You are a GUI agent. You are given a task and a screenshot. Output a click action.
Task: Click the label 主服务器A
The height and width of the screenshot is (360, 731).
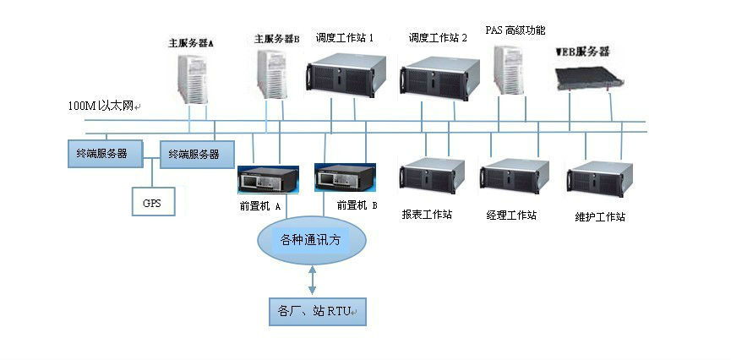[190, 41]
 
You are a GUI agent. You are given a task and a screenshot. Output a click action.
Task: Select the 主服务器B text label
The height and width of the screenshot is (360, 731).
[277, 39]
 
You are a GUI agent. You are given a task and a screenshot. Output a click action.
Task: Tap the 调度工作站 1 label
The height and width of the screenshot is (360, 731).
[345, 38]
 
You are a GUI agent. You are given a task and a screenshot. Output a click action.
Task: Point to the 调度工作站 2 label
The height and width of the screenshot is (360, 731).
[438, 38]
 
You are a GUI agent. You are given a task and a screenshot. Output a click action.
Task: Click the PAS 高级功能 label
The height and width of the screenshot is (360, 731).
[515, 30]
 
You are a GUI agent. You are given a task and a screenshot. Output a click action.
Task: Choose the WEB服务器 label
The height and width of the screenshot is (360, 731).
[582, 52]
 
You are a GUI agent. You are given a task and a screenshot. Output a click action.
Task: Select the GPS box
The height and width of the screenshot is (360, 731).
[151, 203]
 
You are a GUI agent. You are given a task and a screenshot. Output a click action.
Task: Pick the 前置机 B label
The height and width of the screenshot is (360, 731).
[357, 205]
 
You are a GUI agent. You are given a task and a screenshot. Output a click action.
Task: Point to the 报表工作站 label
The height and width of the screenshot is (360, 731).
[427, 215]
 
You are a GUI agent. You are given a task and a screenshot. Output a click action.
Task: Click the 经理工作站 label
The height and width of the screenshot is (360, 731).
[511, 215]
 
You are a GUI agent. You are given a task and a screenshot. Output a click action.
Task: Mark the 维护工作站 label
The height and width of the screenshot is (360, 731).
[599, 217]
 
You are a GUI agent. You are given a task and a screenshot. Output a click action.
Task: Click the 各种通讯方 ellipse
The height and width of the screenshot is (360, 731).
[313, 240]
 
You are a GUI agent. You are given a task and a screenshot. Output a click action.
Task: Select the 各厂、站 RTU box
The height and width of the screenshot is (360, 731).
[312, 312]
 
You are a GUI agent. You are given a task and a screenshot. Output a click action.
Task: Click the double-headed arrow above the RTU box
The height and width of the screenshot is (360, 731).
[313, 278]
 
